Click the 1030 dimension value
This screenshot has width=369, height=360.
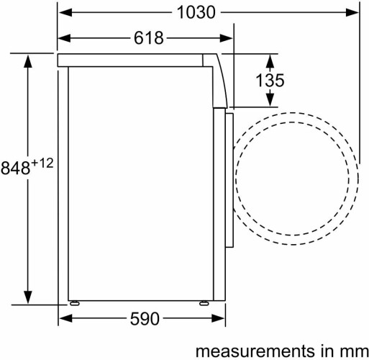pyautogui.click(x=196, y=12)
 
